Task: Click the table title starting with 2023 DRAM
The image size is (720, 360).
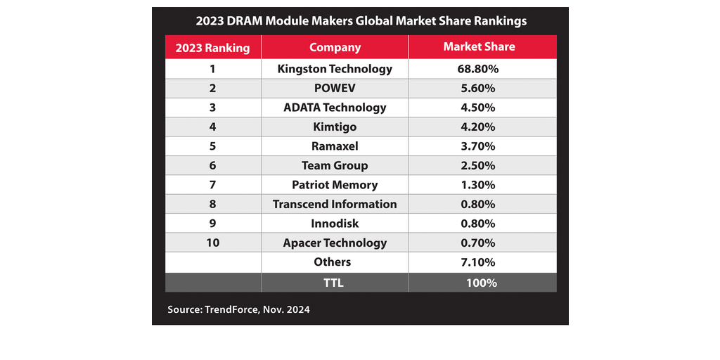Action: (361, 21)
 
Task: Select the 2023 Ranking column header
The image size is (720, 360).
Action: (213, 48)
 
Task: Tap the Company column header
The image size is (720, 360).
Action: (335, 48)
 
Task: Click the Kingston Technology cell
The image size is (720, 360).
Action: (335, 69)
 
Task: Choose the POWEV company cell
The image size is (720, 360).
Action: (335, 89)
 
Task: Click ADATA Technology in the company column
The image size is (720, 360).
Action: (335, 108)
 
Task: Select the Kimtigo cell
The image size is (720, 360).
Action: (335, 127)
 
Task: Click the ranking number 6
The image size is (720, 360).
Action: (213, 166)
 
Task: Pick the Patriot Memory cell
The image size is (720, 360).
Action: (335, 185)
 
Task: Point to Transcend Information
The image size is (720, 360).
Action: (335, 205)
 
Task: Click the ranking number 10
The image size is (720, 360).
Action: (213, 243)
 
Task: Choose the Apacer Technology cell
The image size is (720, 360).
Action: (335, 243)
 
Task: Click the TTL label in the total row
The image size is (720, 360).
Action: (335, 283)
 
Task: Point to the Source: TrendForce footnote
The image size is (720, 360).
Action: (238, 309)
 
